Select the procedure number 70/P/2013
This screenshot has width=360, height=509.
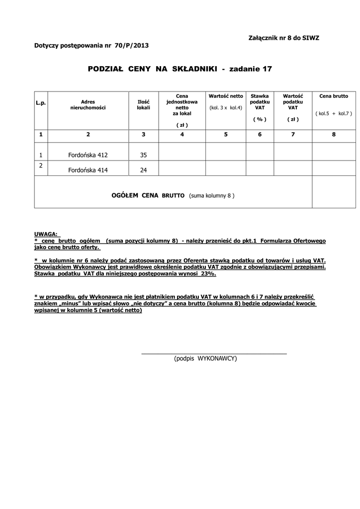131,45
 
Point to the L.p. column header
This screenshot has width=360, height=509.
40,102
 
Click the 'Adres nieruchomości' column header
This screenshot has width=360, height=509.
88,104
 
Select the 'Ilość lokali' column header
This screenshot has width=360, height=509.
143,104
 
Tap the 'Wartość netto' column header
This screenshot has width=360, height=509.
226,96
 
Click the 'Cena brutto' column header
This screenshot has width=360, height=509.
334,96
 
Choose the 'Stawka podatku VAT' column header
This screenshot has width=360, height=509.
260,101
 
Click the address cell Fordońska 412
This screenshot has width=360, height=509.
88,155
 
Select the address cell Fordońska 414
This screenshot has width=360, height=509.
88,170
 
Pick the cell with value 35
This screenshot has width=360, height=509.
143,155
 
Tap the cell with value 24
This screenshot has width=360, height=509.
143,170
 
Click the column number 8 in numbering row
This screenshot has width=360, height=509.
334,134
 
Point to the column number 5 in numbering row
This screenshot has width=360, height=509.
226,134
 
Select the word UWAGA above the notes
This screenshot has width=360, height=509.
46,233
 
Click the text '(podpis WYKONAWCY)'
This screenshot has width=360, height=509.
205,358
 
